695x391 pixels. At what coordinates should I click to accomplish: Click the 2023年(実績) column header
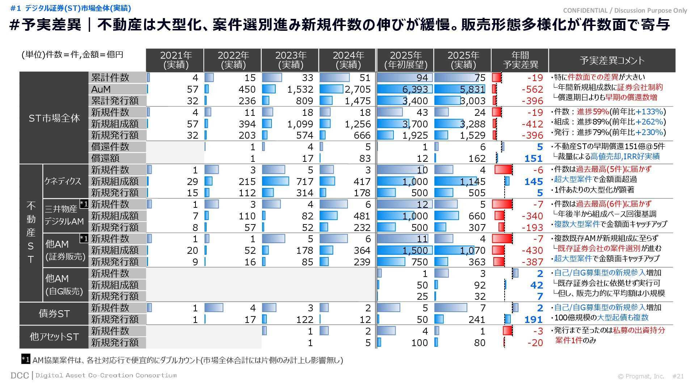click(290, 60)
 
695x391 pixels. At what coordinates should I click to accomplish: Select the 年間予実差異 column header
click(520, 60)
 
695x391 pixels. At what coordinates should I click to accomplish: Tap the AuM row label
click(101, 89)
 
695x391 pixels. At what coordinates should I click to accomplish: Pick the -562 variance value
click(532, 89)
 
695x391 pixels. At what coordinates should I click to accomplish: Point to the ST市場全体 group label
click(54, 118)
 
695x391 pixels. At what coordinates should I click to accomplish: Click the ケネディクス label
click(63, 181)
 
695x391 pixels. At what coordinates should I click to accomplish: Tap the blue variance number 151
click(533, 158)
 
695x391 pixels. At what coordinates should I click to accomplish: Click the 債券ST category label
click(54, 314)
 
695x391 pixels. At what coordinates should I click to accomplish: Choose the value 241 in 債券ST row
click(477, 319)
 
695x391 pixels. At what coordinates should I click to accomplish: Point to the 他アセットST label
click(54, 337)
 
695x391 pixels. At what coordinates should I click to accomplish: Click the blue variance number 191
click(533, 319)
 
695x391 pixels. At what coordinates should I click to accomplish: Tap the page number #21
click(678, 376)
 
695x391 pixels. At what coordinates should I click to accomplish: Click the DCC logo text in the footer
click(20, 375)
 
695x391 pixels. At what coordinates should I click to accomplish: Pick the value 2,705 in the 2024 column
click(357, 89)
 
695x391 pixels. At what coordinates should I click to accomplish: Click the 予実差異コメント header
click(612, 60)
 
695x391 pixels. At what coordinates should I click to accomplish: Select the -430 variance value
click(532, 250)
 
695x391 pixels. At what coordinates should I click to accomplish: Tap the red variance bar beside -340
click(499, 216)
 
